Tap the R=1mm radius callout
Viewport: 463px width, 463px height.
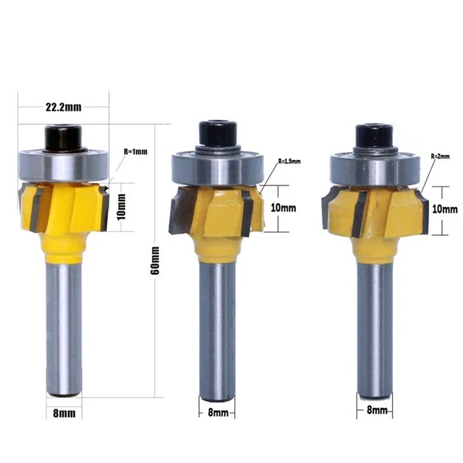point(135,152)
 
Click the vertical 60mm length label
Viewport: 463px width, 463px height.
point(154,264)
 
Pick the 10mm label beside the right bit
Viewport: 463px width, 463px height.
point(443,208)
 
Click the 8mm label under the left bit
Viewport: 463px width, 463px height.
point(63,415)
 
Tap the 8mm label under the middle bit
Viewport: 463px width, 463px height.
point(218,413)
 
